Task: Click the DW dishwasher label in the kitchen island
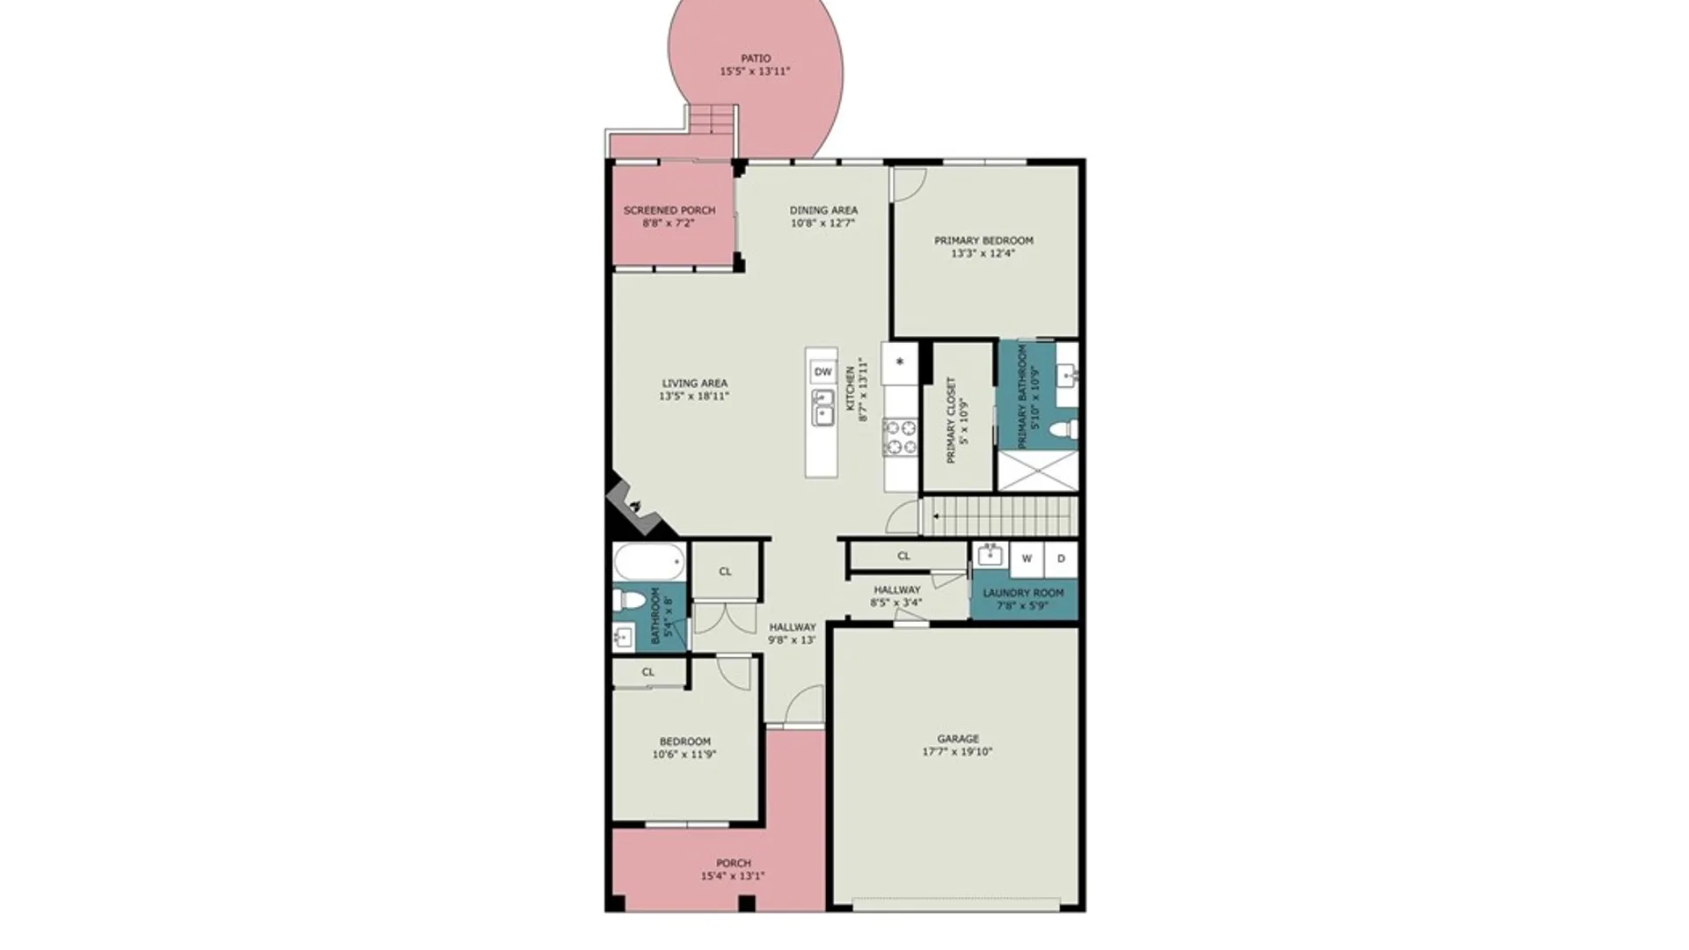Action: (x=823, y=372)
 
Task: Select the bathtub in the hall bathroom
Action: (x=649, y=561)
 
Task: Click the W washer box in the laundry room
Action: (x=1027, y=559)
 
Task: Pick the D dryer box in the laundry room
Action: (x=1061, y=559)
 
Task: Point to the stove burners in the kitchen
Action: (x=901, y=437)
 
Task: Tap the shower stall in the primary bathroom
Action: (x=1038, y=471)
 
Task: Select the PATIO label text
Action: (x=756, y=59)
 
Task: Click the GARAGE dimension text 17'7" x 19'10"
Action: (x=957, y=752)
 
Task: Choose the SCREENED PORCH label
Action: (x=669, y=210)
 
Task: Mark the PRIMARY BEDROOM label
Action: (x=983, y=240)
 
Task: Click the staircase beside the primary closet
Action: (x=999, y=516)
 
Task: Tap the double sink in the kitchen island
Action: (x=823, y=408)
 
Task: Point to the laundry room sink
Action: (x=990, y=555)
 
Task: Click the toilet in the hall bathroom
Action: (x=629, y=601)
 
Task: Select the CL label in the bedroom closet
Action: (x=648, y=672)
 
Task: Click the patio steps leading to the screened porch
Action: (x=711, y=119)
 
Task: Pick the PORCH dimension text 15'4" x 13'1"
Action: (x=733, y=876)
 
